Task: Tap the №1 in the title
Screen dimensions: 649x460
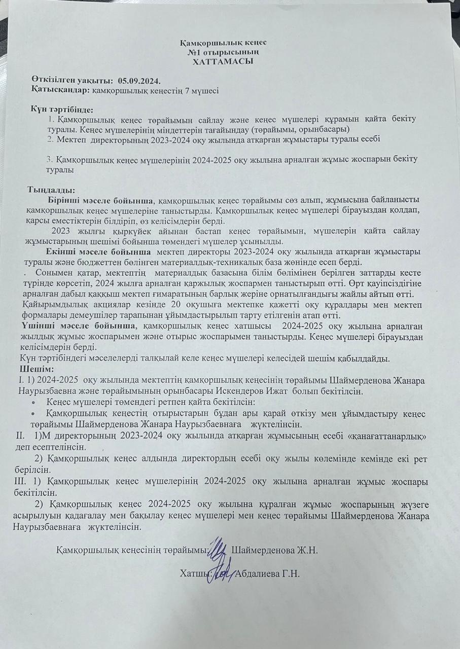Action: pos(194,52)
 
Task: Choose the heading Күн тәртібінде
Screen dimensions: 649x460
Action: pos(61,110)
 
